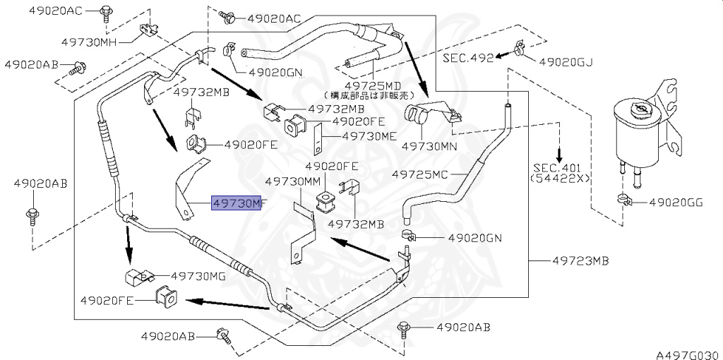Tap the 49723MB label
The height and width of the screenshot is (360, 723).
(x=580, y=261)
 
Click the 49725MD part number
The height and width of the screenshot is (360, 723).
(x=374, y=85)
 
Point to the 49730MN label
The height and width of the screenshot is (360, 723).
(x=429, y=146)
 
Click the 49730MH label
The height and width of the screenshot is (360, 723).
(x=89, y=42)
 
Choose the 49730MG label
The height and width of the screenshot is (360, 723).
(x=198, y=276)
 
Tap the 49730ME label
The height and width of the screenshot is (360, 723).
(x=370, y=136)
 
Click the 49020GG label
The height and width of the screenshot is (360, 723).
(x=676, y=202)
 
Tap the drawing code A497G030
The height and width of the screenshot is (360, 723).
(x=688, y=354)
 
